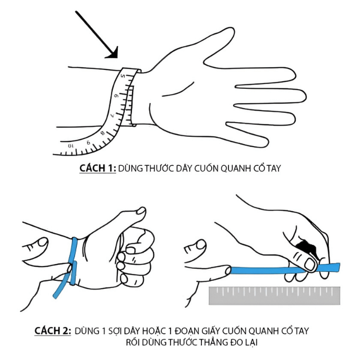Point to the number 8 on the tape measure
[102, 133]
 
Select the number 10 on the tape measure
[71, 145]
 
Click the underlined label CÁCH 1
[97, 169]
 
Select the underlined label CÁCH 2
[53, 331]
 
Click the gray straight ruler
[274, 295]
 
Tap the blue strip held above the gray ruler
[266, 270]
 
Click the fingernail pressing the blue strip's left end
[224, 270]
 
